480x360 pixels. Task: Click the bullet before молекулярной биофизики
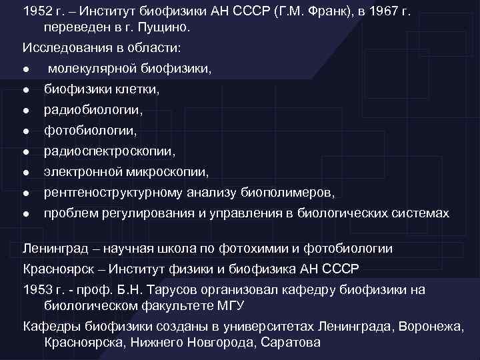tap(25, 69)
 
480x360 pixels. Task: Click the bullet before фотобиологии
tap(25, 131)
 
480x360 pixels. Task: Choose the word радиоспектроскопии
tap(110, 152)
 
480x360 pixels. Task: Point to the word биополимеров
tap(291, 193)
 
